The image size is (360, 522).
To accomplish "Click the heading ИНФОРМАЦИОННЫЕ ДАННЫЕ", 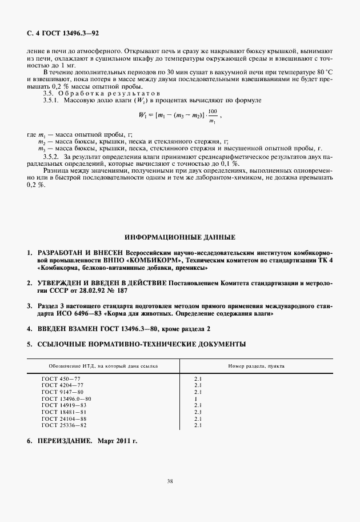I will (x=180, y=237).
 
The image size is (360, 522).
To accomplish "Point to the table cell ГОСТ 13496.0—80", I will (x=67, y=399).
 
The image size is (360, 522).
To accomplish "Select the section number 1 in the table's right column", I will (x=196, y=399).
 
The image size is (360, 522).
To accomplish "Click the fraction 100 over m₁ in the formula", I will (x=213, y=115).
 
